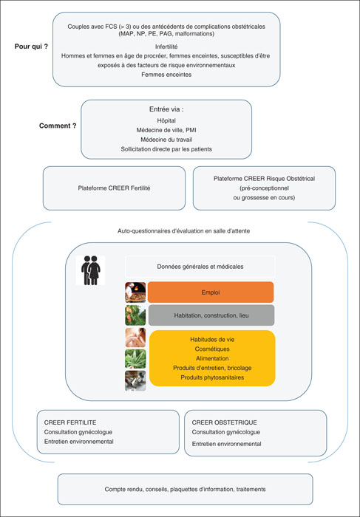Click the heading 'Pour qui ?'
click(x=31, y=47)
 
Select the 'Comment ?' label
click(x=58, y=126)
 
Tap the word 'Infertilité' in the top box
click(x=166, y=47)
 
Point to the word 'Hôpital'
click(x=166, y=120)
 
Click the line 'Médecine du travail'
click(x=166, y=140)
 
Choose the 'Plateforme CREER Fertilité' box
click(x=114, y=188)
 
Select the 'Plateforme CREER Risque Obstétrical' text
click(x=264, y=179)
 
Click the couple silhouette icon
click(x=90, y=270)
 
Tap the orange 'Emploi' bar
click(x=211, y=292)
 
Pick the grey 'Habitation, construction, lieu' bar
click(x=211, y=315)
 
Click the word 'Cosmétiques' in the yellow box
click(x=212, y=349)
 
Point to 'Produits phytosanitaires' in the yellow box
click(x=212, y=377)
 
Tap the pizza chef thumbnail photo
click(x=135, y=292)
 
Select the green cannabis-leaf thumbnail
click(x=135, y=359)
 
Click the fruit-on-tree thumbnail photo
click(x=135, y=315)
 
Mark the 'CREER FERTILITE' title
click(x=70, y=422)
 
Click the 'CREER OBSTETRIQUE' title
click(x=225, y=422)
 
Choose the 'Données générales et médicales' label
click(x=200, y=267)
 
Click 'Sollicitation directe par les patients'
click(x=166, y=149)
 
